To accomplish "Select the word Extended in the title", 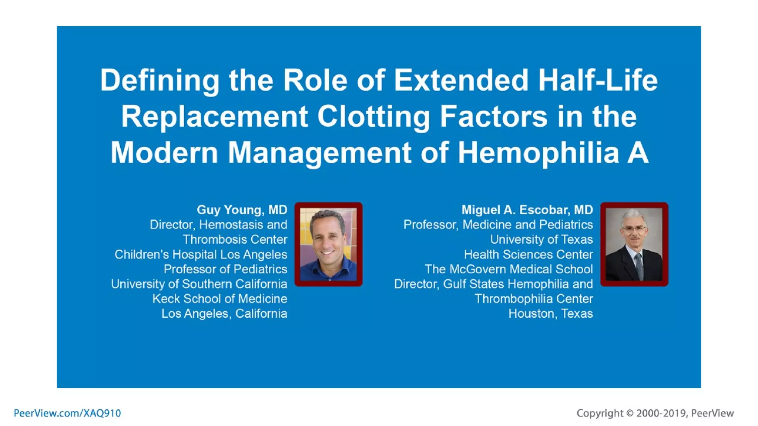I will tap(461, 80).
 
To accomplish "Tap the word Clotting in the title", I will tap(374, 116).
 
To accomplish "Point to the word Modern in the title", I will tap(164, 153).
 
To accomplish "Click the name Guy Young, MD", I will tap(242, 210).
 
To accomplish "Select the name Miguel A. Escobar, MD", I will tap(527, 210).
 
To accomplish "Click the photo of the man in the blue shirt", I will tap(328, 244).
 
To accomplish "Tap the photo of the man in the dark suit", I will tap(634, 244).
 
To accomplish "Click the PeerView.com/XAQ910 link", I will tap(67, 413).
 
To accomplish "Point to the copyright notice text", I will tap(655, 413).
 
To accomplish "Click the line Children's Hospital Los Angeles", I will tap(201, 254).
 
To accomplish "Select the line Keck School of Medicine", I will tap(219, 299).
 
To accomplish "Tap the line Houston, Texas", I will tap(550, 314).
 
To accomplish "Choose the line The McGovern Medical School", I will tap(509, 269).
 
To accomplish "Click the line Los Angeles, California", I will tap(224, 314).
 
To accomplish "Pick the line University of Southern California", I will tap(199, 284).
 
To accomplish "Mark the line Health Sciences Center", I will tap(528, 254).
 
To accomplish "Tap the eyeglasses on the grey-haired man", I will tap(634, 229).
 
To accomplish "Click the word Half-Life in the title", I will tap(598, 80).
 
